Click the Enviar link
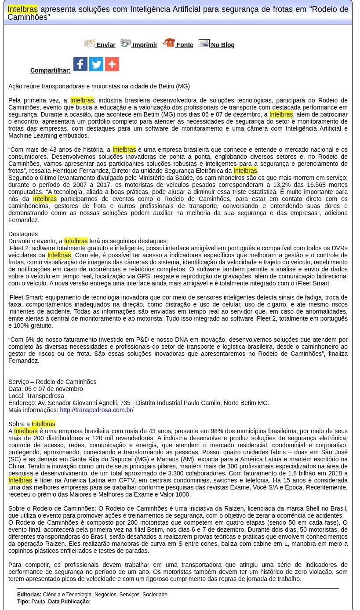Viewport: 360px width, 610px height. tap(105, 45)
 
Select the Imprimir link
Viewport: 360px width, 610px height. tap(145, 45)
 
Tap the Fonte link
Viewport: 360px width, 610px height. tap(185, 45)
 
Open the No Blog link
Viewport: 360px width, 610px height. tap(222, 45)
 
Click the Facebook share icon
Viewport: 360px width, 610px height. tap(80, 64)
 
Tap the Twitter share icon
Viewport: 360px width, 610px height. tap(96, 64)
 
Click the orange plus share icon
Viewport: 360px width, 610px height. tap(112, 64)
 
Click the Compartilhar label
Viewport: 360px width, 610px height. tap(50, 70)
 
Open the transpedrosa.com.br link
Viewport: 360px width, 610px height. tap(97, 410)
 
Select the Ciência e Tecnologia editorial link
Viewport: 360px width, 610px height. tap(67, 595)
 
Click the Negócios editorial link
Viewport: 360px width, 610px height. tap(105, 595)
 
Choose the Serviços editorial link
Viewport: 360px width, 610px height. tap(129, 595)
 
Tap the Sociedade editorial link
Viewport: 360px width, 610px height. tap(155, 595)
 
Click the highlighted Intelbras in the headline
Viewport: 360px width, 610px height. tap(22, 9)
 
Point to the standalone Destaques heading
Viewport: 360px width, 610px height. tap(23, 234)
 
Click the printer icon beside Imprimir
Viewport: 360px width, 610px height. tap(126, 43)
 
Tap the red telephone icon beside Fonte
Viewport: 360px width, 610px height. tap(169, 43)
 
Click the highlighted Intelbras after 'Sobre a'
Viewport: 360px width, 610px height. tap(44, 424)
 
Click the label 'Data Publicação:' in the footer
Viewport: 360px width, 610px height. tap(69, 602)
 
